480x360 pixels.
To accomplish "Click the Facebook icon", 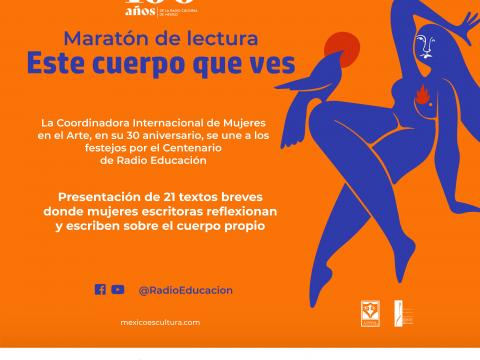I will point(100,289).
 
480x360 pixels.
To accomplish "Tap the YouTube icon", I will point(118,289).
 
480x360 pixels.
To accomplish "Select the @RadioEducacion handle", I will point(185,290).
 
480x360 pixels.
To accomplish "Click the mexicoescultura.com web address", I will point(160,322).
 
